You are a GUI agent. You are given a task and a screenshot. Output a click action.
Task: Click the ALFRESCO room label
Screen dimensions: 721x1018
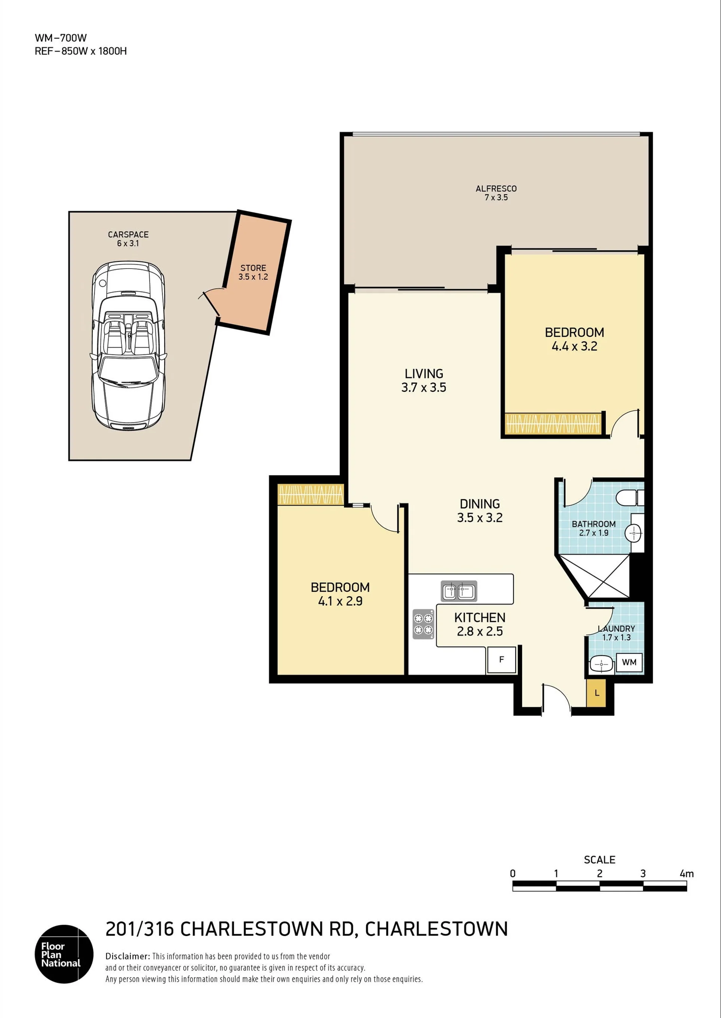pos(496,189)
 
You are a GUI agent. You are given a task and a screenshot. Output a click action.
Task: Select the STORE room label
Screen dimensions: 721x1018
pos(253,268)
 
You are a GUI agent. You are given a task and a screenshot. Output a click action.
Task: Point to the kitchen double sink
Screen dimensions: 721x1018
pos(459,591)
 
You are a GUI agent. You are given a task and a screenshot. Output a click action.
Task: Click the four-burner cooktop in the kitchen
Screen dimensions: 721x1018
pos(424,623)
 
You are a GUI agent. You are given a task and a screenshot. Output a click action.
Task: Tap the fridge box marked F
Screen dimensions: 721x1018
pos(501,660)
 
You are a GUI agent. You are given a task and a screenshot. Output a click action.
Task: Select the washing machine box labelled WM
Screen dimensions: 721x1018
pos(629,662)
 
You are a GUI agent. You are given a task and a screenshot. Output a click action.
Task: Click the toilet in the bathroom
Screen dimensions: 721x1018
pos(630,497)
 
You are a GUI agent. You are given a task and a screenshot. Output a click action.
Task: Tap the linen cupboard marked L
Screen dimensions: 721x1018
pos(596,693)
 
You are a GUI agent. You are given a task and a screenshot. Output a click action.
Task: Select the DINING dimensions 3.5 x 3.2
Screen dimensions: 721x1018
pos(480,517)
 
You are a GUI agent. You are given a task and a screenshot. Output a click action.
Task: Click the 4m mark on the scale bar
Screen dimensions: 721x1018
pos(686,873)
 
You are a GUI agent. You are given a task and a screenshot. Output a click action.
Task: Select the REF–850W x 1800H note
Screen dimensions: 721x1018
pos(80,51)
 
